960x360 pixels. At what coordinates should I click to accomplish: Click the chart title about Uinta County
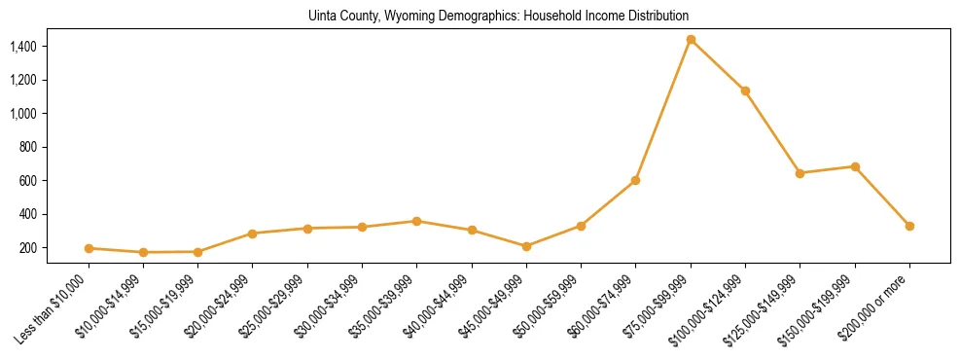click(x=499, y=16)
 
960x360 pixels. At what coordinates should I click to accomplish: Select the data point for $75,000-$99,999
click(x=691, y=40)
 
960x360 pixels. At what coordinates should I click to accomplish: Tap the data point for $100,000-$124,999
click(x=745, y=90)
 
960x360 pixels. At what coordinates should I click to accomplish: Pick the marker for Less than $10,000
click(x=89, y=248)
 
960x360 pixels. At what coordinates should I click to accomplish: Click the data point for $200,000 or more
click(x=909, y=226)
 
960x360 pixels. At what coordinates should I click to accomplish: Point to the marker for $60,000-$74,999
click(x=636, y=180)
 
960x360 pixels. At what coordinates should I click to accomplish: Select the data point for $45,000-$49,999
click(x=526, y=246)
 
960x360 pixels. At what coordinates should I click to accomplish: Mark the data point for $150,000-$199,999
click(x=855, y=166)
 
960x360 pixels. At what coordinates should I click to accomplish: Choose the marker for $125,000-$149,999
click(x=800, y=173)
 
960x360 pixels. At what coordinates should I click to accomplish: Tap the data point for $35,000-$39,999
click(x=416, y=221)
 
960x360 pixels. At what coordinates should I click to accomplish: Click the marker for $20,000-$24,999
click(x=253, y=234)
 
